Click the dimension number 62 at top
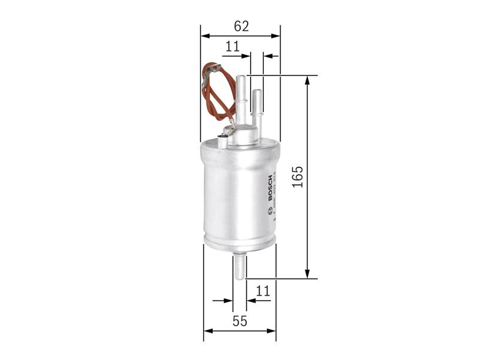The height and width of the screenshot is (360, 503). (241, 26)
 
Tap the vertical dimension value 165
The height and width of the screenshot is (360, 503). (298, 177)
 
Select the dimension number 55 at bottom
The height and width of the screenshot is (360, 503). (239, 321)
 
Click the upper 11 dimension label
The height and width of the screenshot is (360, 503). (232, 46)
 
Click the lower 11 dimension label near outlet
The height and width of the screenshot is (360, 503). (263, 291)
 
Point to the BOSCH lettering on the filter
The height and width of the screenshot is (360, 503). (269, 189)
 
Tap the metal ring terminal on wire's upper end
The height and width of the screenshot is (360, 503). (209, 71)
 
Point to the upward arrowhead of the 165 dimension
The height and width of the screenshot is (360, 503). (308, 80)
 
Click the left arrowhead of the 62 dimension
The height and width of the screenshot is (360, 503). (204, 36)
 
